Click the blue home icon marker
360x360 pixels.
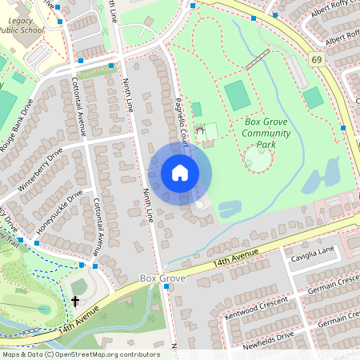coord(180,173)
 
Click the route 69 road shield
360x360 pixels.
coord(317,59)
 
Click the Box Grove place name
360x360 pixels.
coord(162,278)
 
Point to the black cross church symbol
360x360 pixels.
coord(75,302)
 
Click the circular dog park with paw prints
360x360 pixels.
coord(258,158)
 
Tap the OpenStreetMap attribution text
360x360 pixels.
coord(81,354)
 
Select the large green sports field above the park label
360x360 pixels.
coord(238,96)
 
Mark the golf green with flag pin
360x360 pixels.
coord(43,308)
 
